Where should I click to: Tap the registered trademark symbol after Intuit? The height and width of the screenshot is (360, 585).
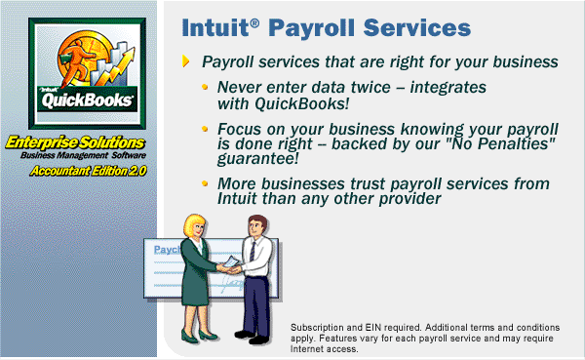pyautogui.click(x=254, y=23)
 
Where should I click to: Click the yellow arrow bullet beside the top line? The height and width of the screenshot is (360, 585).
pyautogui.click(x=186, y=61)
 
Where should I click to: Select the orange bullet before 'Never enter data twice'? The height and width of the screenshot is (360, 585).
pyautogui.click(x=205, y=87)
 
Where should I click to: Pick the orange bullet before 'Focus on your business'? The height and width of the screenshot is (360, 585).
pyautogui.click(x=205, y=129)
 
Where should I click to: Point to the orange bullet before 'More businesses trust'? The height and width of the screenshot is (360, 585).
pyautogui.click(x=205, y=183)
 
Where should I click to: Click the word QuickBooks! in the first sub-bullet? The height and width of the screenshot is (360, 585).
pyautogui.click(x=302, y=103)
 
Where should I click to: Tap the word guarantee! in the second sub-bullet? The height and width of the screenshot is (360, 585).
pyautogui.click(x=258, y=158)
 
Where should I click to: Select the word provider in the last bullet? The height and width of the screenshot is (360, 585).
pyautogui.click(x=410, y=199)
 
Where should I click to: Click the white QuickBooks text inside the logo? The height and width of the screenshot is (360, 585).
pyautogui.click(x=87, y=100)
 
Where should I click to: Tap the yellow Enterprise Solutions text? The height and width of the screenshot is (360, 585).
pyautogui.click(x=75, y=142)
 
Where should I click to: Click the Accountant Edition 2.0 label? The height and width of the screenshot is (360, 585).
pyautogui.click(x=89, y=171)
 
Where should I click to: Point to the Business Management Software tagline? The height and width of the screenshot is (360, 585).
pyautogui.click(x=83, y=155)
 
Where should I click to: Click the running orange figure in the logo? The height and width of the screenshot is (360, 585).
pyautogui.click(x=76, y=61)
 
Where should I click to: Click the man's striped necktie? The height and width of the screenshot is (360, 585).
pyautogui.click(x=253, y=252)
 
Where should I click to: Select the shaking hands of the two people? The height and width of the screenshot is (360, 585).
pyautogui.click(x=229, y=268)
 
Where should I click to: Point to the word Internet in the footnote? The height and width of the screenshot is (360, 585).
pyautogui.click(x=307, y=349)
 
